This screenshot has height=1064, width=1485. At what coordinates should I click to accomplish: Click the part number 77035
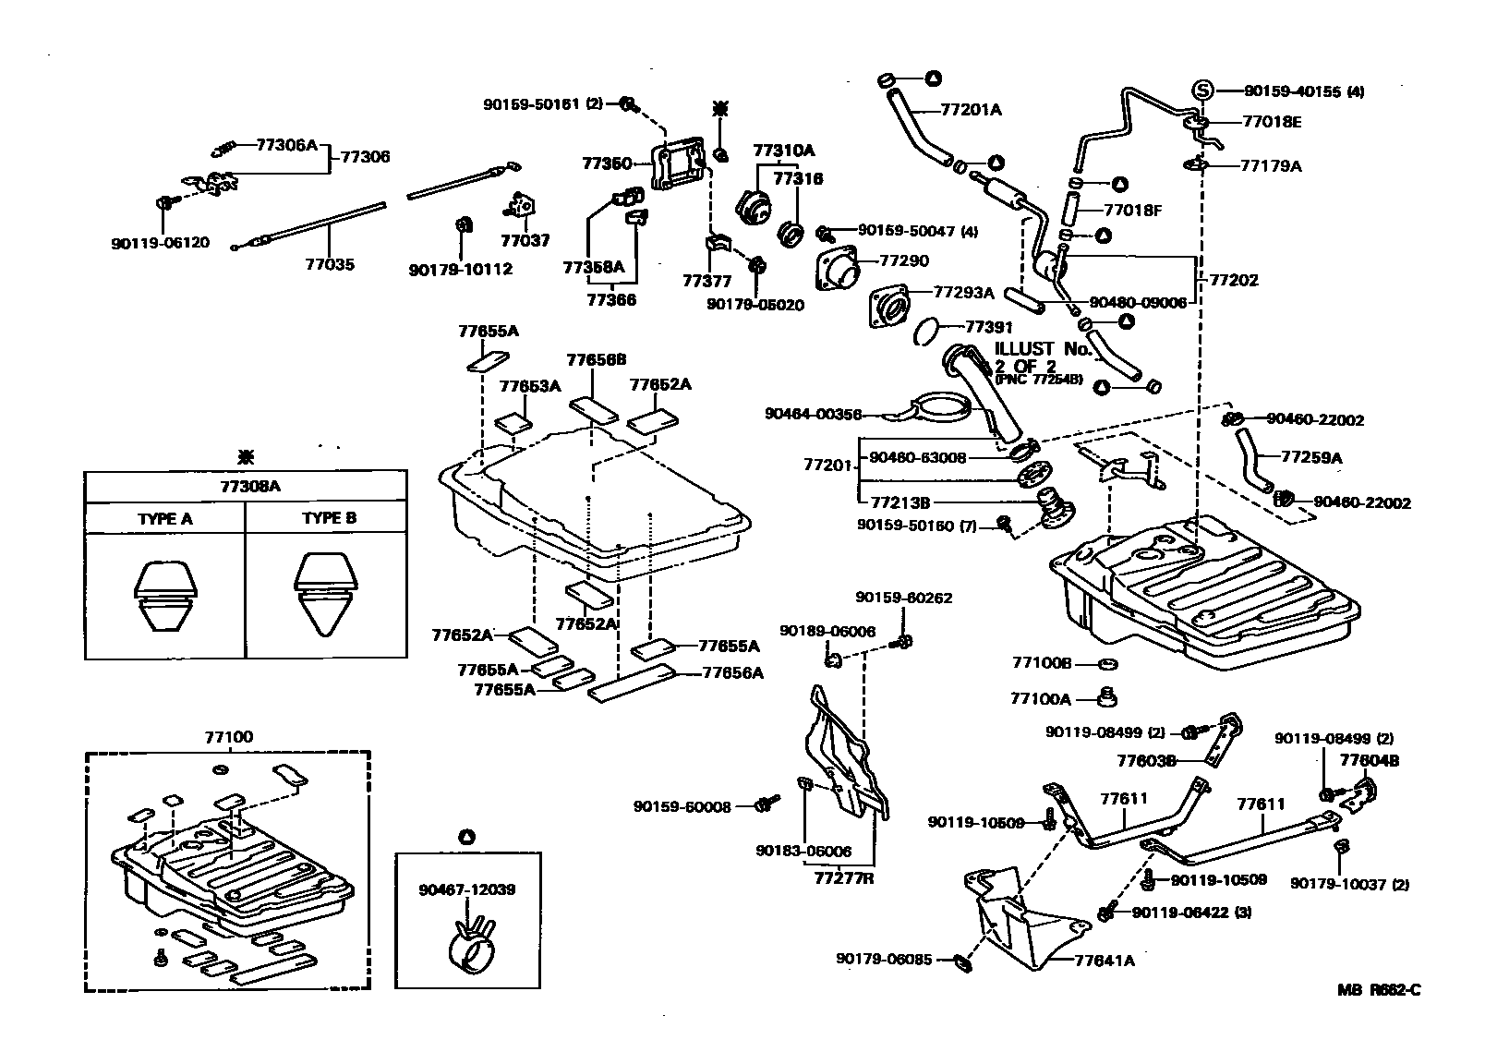point(330,264)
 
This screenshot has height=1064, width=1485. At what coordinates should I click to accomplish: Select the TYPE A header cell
point(165,518)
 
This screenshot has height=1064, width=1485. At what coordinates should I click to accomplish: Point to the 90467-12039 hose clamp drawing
point(471,945)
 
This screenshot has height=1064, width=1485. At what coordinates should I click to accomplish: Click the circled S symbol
point(1203,91)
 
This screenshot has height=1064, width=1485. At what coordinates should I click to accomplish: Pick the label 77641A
point(1105,961)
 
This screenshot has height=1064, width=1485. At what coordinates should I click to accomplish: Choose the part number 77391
point(989,327)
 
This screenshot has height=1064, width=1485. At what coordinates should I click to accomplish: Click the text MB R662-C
point(1379,991)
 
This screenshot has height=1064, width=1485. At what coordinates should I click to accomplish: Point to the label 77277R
point(842,878)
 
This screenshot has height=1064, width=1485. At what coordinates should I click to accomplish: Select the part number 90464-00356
point(813,414)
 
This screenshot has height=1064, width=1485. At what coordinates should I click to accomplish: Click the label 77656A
point(733,673)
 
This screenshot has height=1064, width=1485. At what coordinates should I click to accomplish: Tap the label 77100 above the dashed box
point(227,738)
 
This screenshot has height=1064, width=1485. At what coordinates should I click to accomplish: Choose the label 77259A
point(1311,456)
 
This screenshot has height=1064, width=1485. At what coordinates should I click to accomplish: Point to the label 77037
point(525,240)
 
